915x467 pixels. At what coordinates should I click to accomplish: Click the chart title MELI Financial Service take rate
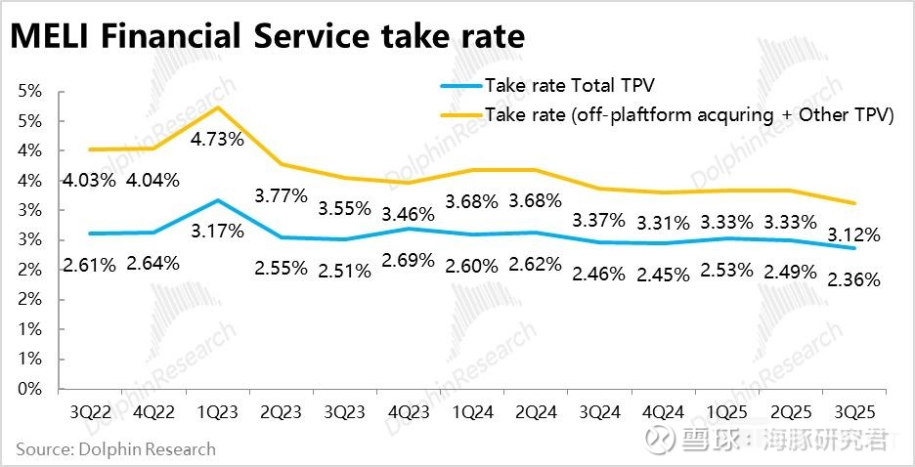[267, 36]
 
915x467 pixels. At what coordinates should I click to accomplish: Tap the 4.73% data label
[217, 139]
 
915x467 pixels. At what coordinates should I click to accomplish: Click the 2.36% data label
[852, 279]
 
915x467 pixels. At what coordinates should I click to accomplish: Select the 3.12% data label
[852, 235]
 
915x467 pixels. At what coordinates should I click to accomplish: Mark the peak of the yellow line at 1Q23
[216, 107]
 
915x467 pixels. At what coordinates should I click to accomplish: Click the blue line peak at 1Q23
[216, 200]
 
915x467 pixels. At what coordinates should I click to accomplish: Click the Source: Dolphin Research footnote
[115, 449]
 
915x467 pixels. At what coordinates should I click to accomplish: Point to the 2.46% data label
[598, 275]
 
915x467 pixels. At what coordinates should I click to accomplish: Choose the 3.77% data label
[281, 195]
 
